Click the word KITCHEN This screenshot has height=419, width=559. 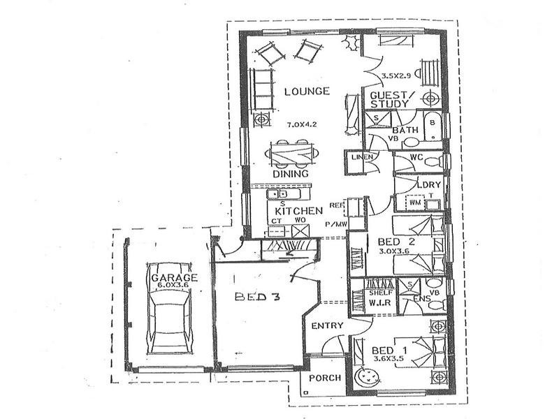pyautogui.click(x=298, y=210)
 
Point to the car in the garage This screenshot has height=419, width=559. pyautogui.click(x=170, y=314)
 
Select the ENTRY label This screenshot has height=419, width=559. pyautogui.click(x=326, y=326)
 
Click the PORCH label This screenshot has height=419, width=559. pyautogui.click(x=325, y=378)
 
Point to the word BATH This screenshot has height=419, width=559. pyautogui.click(x=405, y=131)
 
